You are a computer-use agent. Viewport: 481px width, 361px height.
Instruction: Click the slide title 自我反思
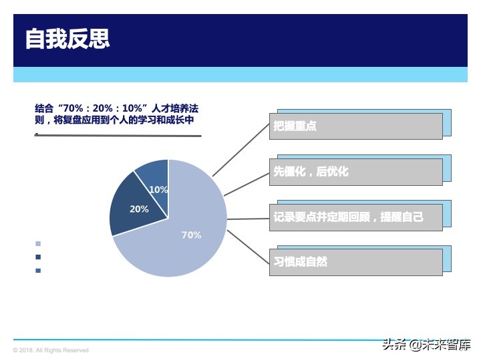tap(67, 39)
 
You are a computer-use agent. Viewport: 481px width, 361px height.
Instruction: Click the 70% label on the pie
tap(192, 235)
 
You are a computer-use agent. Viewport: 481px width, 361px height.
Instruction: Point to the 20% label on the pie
tap(139, 209)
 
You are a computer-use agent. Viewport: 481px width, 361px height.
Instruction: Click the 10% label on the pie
tap(158, 190)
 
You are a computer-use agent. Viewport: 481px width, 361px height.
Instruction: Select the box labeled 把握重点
tap(357, 126)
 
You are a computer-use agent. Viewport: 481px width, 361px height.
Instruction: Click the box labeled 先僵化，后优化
tap(357, 171)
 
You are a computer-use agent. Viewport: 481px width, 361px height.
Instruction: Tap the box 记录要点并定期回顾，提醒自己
tap(357, 217)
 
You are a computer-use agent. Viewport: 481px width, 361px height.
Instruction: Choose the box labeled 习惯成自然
tap(357, 261)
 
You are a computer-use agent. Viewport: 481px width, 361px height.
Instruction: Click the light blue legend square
tap(38, 244)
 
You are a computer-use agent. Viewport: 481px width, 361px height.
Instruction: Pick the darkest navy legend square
tap(38, 257)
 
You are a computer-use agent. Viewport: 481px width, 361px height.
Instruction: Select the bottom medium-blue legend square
tap(38, 271)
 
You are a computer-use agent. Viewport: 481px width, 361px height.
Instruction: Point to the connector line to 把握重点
tap(241, 150)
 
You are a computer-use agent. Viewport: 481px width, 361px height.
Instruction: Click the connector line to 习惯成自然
tap(248, 247)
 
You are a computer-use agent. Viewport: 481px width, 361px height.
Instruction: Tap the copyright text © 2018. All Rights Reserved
tap(51, 350)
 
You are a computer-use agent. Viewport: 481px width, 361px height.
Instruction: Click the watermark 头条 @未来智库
tap(426, 345)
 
